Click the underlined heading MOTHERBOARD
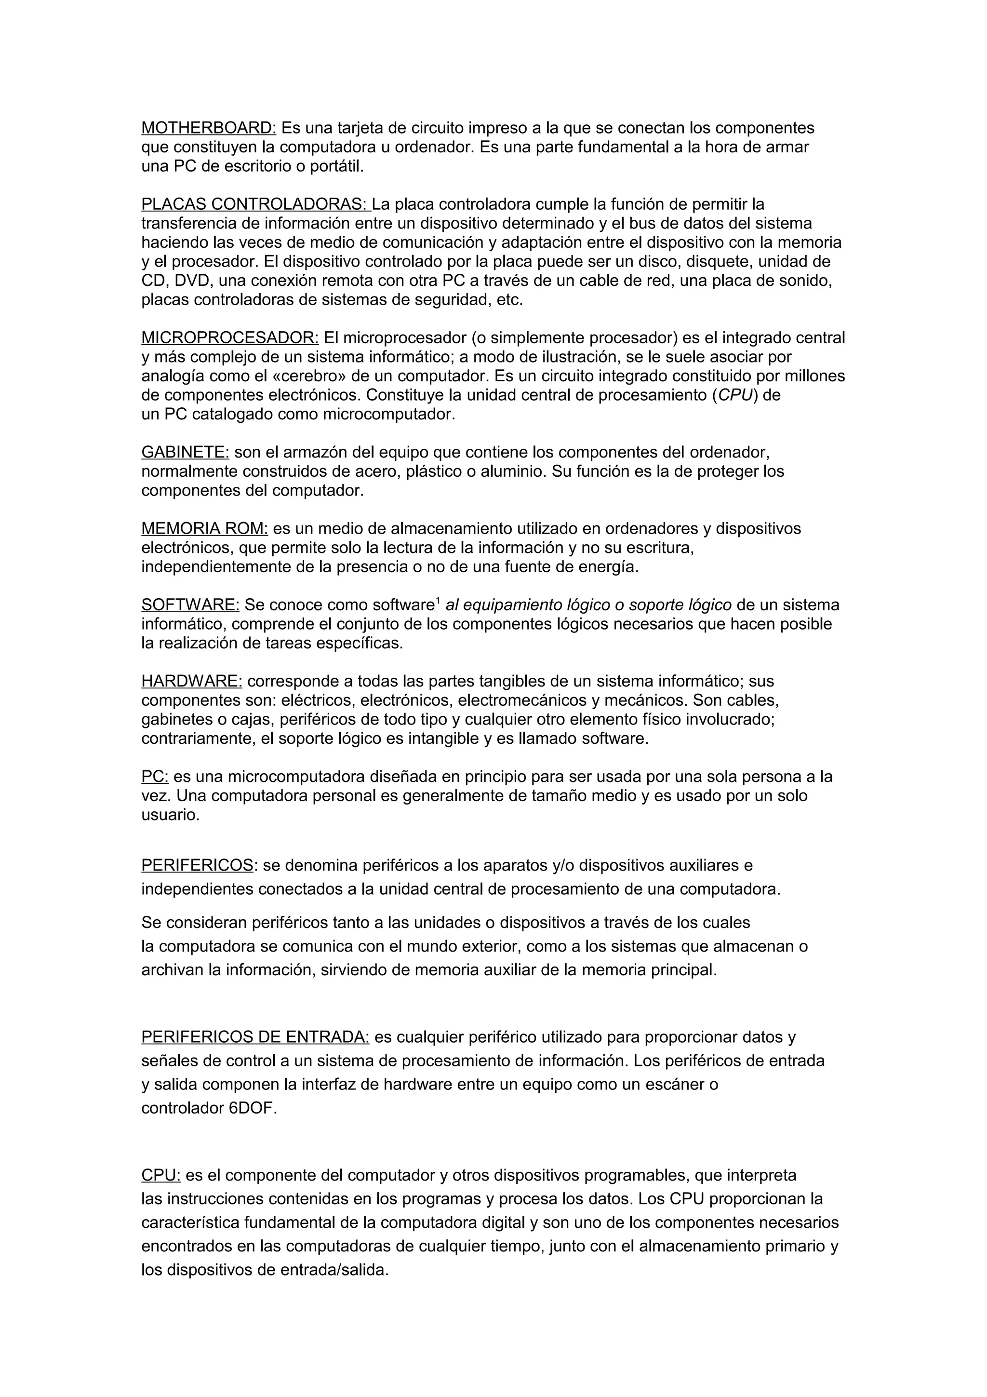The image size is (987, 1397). coord(209,128)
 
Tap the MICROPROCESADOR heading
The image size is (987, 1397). coord(230,338)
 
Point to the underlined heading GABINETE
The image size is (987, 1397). coord(185,452)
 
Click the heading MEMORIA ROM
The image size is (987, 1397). coord(204,529)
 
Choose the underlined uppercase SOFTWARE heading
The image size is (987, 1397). coord(190,605)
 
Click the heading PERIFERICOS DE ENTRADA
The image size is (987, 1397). coord(255,1037)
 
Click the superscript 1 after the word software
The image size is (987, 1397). coord(438,601)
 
